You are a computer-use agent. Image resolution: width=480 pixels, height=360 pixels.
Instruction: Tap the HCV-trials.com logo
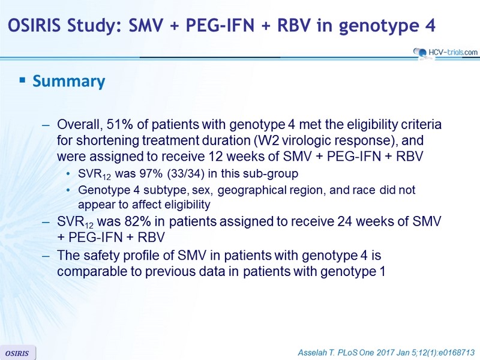pos(445,53)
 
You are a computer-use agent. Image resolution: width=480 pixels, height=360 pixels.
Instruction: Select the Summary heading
pos(69,81)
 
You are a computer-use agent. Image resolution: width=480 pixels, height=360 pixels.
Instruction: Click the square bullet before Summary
pos(22,80)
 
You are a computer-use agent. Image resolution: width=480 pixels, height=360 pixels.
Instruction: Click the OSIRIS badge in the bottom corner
pos(17,353)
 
